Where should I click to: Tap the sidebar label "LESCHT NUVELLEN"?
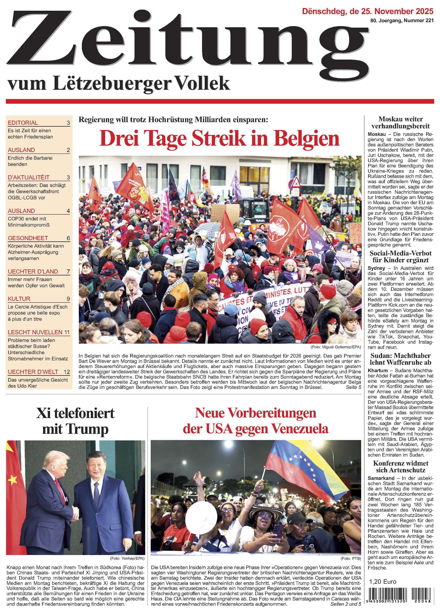[35, 332]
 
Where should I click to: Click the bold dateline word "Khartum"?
[377, 371]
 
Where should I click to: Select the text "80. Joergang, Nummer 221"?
[402, 20]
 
